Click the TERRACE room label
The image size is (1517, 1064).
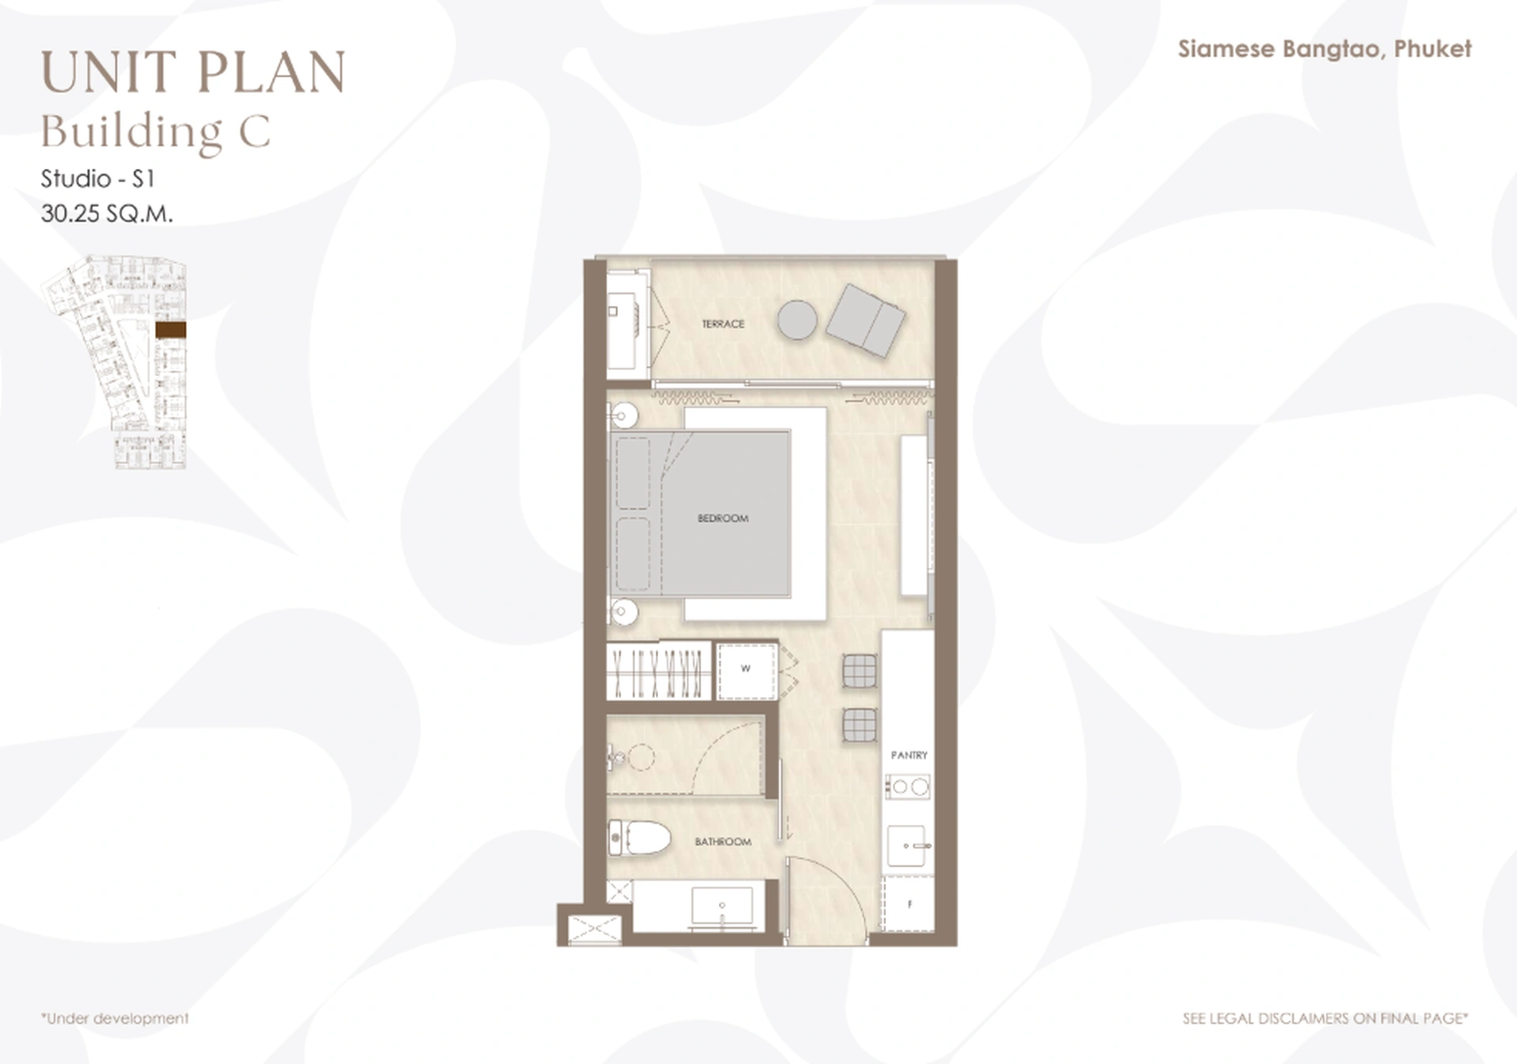[x=722, y=324]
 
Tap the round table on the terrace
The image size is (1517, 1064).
[x=796, y=321]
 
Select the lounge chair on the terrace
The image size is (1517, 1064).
[x=866, y=320]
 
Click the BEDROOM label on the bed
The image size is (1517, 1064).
[x=722, y=518]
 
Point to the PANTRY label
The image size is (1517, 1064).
[x=909, y=755]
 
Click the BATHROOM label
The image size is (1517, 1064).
[x=722, y=842]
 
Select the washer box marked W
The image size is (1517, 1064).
[x=746, y=670]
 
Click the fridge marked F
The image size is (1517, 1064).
[x=909, y=904]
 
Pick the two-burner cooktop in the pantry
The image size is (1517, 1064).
[x=909, y=787]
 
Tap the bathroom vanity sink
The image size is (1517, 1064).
[x=721, y=905]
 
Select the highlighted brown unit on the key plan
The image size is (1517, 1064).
[x=171, y=330]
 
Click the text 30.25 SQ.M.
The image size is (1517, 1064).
[x=107, y=214]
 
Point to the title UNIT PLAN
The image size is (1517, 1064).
[x=193, y=73]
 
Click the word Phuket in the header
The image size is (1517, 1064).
[x=1432, y=49]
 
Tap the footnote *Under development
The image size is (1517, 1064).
[x=115, y=1019]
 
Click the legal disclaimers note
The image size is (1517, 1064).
[x=1325, y=1019]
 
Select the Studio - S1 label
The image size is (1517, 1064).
[x=97, y=179]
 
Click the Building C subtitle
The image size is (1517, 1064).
[x=156, y=131]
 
